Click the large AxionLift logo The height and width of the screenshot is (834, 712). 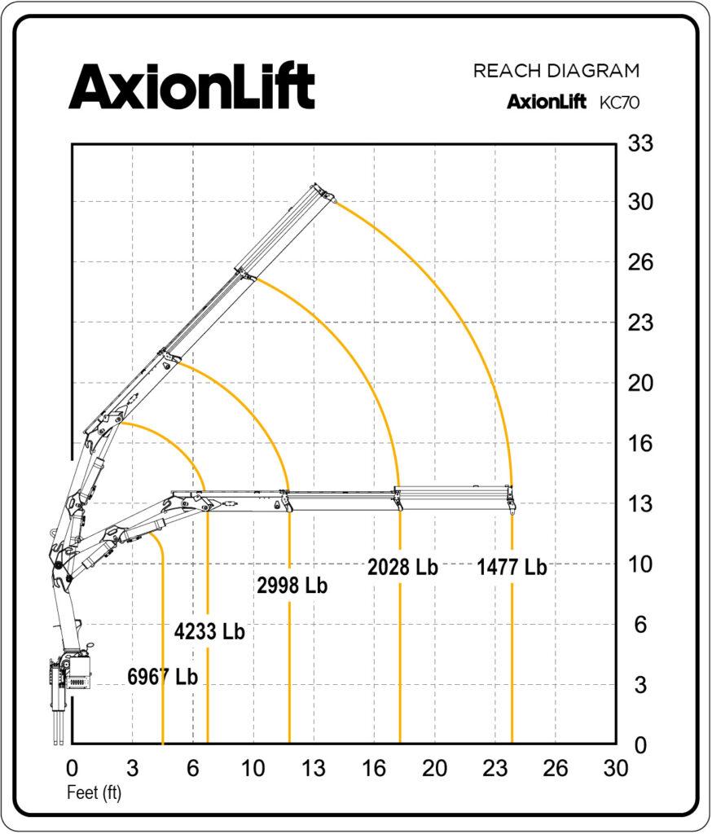(191, 86)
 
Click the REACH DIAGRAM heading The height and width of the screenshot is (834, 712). (556, 71)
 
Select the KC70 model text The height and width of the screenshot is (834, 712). (619, 102)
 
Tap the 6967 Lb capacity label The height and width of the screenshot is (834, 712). (162, 677)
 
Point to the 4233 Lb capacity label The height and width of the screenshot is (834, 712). (209, 631)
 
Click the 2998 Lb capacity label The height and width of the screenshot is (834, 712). (292, 585)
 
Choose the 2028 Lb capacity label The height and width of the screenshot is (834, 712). (402, 567)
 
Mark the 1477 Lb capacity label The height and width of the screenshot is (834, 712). (512, 567)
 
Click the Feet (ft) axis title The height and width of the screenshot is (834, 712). (94, 793)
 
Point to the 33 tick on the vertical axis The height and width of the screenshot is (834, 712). (640, 143)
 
